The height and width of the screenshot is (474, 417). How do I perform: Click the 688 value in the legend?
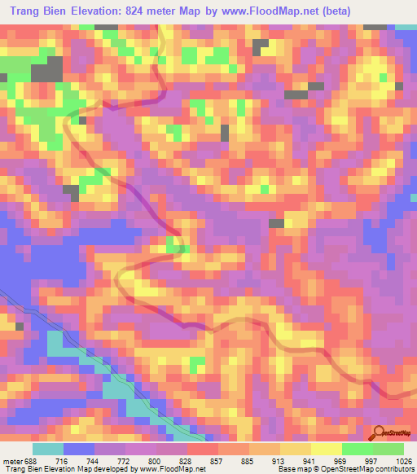[29, 460]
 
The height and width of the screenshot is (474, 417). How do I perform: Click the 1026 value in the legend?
[402, 460]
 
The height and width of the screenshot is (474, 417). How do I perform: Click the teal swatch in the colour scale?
[48, 449]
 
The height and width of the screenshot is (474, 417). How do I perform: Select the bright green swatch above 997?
[358, 449]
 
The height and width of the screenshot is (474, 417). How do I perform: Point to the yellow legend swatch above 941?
[296, 449]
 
